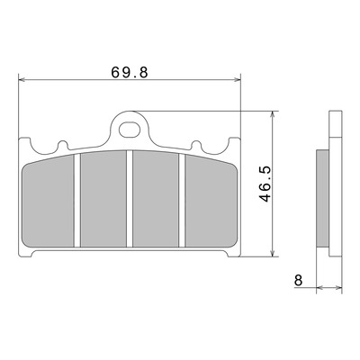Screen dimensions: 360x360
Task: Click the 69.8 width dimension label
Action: (130, 72)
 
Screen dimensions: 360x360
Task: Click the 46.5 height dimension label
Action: (265, 184)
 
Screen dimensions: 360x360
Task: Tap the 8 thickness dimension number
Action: (299, 280)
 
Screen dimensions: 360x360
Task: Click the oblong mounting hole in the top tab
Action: (130, 130)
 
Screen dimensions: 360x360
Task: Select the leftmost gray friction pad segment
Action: (49, 202)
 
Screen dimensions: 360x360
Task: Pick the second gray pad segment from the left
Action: (103, 199)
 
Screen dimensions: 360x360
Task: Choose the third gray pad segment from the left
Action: (156, 199)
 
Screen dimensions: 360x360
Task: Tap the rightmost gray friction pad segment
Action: (211, 202)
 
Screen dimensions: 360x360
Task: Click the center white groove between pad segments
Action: (130, 199)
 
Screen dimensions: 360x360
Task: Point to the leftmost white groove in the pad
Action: (77, 201)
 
